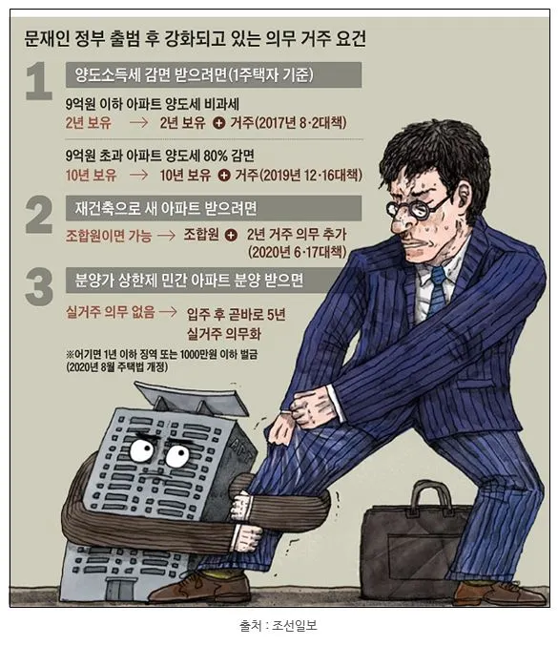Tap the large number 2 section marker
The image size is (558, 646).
[x=38, y=216]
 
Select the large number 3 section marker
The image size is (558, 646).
[x=38, y=286]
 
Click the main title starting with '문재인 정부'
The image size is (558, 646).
[x=195, y=39]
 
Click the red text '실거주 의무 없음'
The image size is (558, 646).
[x=105, y=311]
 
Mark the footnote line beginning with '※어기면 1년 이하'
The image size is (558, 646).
[x=148, y=352]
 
